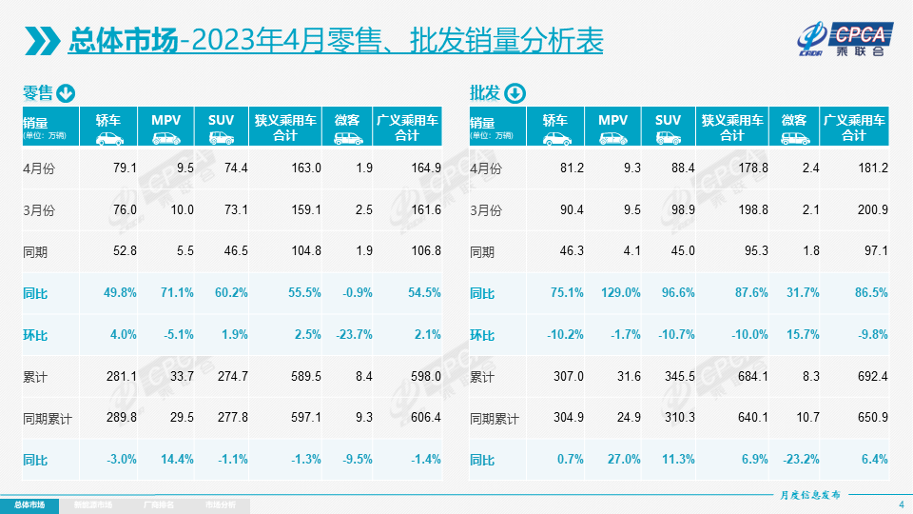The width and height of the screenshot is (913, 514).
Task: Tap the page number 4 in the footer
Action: pyautogui.click(x=901, y=504)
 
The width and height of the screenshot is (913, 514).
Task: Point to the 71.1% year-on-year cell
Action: pyautogui.click(x=178, y=293)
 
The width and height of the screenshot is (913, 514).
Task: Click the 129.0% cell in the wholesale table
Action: pyautogui.click(x=619, y=293)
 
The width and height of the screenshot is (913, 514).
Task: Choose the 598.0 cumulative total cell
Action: pyautogui.click(x=425, y=377)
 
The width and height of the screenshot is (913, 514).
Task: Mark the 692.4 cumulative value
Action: pyautogui.click(x=872, y=377)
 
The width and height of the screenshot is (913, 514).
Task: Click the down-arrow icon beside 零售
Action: pyautogui.click(x=66, y=93)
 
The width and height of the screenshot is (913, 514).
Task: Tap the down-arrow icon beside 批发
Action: pyautogui.click(x=514, y=93)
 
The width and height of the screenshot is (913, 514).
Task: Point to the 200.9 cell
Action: pyautogui.click(x=872, y=209)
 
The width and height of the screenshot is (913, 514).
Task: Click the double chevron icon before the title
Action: pyautogui.click(x=42, y=41)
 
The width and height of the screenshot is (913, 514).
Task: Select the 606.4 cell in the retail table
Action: pyautogui.click(x=425, y=418)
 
